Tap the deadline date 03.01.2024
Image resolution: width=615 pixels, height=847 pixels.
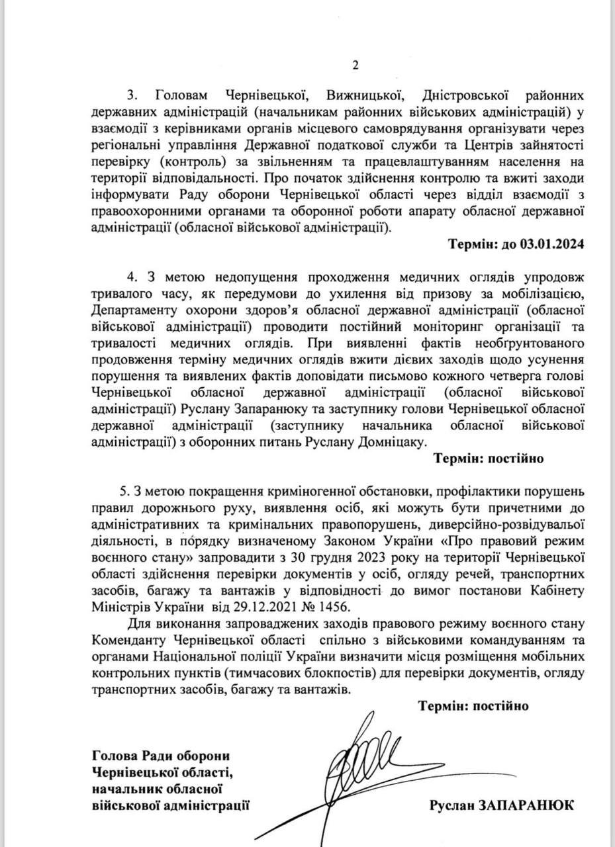coord(552,244)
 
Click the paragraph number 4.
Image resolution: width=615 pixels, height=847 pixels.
coord(130,276)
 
